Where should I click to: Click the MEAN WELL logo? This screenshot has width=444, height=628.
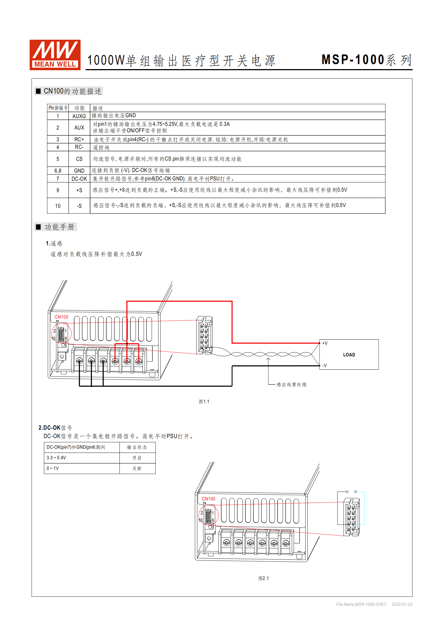point(55,55)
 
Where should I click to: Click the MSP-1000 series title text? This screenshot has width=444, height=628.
point(367,60)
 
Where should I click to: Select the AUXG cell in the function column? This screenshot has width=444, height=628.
point(79,116)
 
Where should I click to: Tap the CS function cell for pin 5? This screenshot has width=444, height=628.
point(79,159)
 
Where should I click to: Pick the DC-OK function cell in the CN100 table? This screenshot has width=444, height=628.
point(79,179)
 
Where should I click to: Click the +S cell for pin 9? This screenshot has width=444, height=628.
point(79,190)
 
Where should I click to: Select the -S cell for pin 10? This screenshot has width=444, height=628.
point(79,206)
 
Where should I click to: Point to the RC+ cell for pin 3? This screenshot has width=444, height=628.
point(79,139)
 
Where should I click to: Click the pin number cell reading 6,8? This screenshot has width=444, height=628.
point(58,171)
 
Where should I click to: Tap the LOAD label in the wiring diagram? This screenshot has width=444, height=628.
point(349,355)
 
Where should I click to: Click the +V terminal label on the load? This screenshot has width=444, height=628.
point(325,343)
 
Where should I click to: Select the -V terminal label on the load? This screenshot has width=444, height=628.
point(325,366)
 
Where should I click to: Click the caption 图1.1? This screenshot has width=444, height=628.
point(204,401)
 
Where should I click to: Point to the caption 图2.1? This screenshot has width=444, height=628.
point(264,578)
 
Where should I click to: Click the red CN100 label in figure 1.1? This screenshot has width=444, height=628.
point(62,317)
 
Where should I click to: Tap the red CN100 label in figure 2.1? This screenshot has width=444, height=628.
point(208,499)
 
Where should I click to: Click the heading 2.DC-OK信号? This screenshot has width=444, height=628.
point(55,428)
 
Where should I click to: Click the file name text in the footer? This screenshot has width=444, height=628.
point(361,604)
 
